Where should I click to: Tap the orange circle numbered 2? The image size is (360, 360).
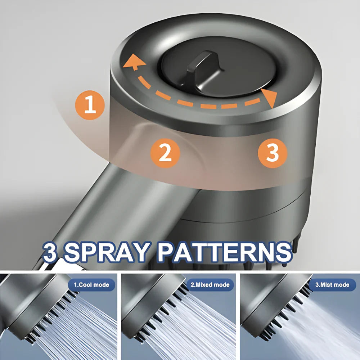pos(165,153)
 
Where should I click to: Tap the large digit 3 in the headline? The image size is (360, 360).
pos(51,252)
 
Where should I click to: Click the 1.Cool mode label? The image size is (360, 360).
pos(91,285)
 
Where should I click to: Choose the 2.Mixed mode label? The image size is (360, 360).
pos(210,285)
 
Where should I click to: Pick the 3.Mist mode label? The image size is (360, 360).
pos(332,285)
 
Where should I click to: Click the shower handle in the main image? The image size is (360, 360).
pos(90,216)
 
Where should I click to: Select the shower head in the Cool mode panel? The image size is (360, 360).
pos(29,302)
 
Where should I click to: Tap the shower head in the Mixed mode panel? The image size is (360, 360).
pos(148,302)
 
